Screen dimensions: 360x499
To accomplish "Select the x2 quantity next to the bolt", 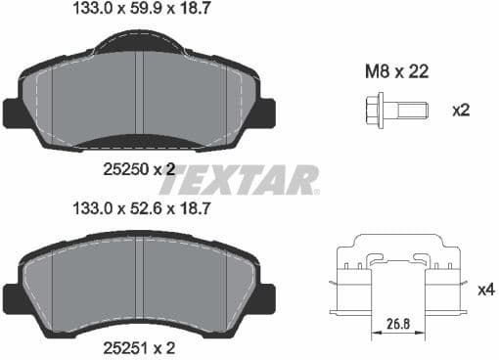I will (460, 110).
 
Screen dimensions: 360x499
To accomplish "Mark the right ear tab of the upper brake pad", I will (265, 112).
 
